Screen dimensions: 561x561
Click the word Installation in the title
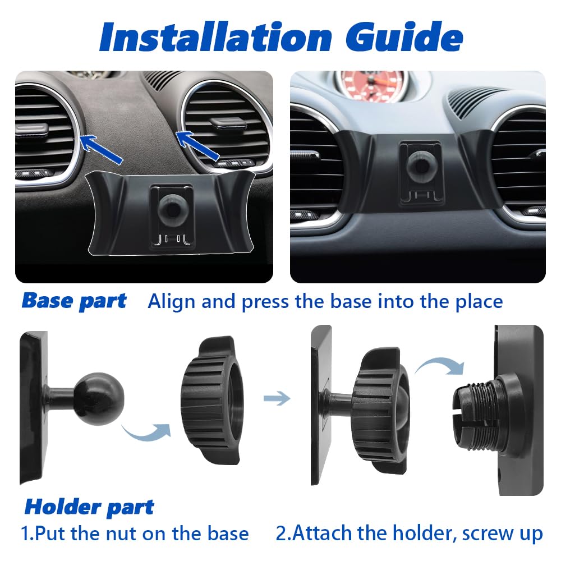(216, 37)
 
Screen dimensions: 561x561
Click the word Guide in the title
(404, 37)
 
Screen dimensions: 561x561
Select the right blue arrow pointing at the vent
(197, 146)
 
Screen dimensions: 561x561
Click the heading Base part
(74, 301)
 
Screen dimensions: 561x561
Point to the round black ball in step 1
(99, 398)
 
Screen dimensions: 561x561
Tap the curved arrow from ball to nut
(146, 431)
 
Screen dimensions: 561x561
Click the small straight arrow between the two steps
(277, 398)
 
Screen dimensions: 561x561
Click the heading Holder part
(89, 507)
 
